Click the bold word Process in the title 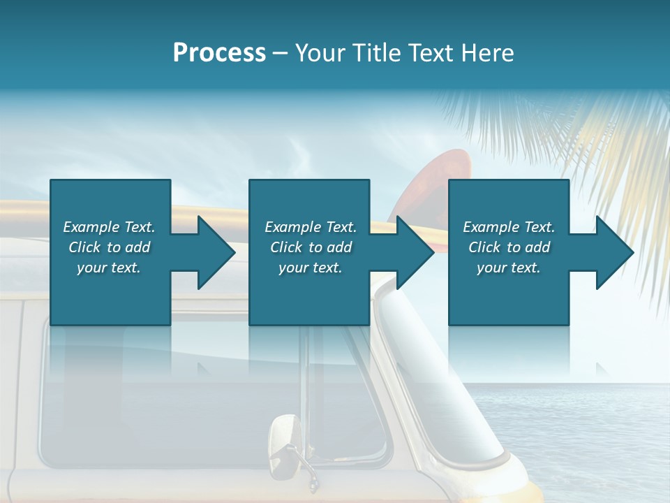pos(219,53)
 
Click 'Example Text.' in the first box pos(109,226)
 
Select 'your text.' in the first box pos(109,268)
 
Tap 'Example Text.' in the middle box pos(311,226)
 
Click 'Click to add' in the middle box pos(311,247)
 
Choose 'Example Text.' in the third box pos(509,226)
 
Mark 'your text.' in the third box pos(509,268)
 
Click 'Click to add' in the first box pos(109,247)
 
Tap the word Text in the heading pos(433,53)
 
